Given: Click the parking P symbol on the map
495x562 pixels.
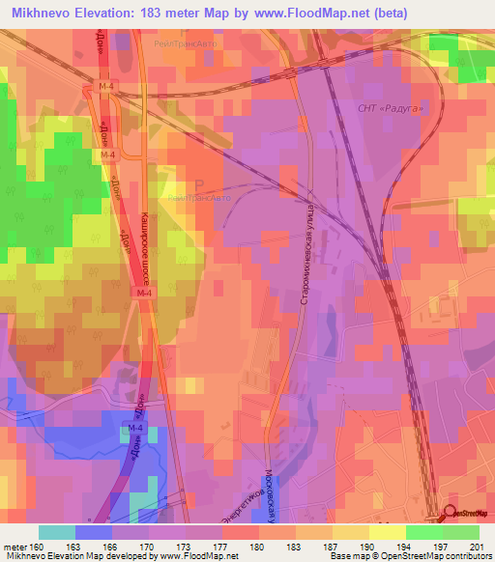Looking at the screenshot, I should coord(199,184).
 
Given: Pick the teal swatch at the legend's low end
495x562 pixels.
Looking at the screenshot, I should coord(57,532).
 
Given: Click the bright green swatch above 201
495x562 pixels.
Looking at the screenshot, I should coord(461,532).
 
